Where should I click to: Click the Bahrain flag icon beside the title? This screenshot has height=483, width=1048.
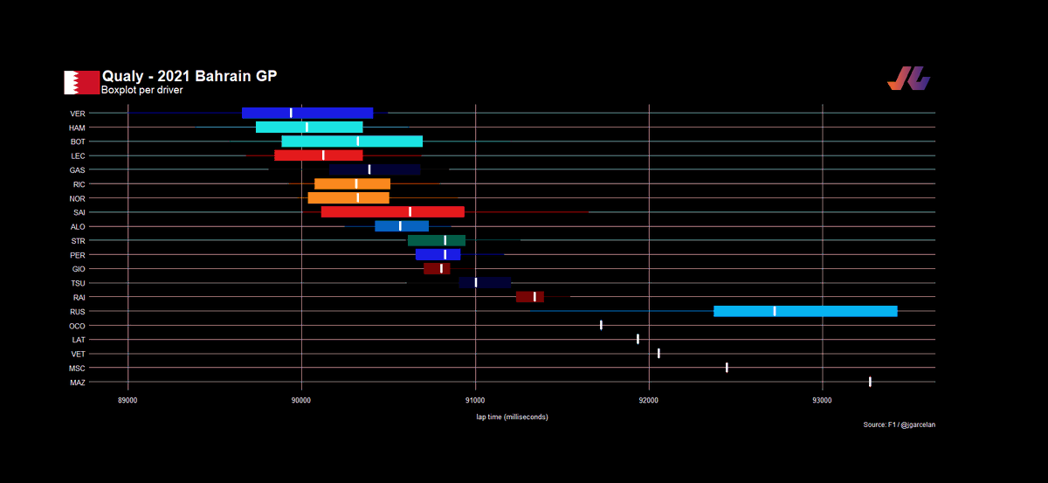click(x=81, y=82)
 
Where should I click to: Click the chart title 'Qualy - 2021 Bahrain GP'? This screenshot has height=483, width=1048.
click(x=190, y=76)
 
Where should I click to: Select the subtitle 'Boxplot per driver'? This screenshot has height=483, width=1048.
click(x=141, y=90)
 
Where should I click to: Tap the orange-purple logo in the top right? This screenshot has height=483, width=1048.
click(x=908, y=78)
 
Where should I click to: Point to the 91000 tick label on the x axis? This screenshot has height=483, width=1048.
click(x=475, y=400)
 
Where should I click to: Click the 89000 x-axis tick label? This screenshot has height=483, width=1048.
click(x=128, y=400)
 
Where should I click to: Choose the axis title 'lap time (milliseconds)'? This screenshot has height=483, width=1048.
click(x=512, y=417)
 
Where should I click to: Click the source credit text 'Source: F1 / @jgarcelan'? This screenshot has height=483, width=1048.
click(x=900, y=424)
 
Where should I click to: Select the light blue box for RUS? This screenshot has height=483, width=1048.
click(x=805, y=311)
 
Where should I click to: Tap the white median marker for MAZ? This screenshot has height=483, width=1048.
click(x=870, y=382)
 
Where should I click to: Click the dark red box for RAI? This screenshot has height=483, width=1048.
click(x=529, y=297)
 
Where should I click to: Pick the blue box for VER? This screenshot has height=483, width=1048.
click(x=307, y=113)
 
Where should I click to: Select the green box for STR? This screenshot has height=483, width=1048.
click(x=437, y=240)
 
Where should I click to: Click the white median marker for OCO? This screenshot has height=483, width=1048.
click(x=601, y=325)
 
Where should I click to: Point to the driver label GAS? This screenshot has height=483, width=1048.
click(x=77, y=170)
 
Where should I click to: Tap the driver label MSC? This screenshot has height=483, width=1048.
click(x=77, y=369)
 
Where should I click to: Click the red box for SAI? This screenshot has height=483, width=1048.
click(x=392, y=212)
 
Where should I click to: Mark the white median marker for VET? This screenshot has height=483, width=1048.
click(x=658, y=354)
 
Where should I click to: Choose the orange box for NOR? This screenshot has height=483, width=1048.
click(x=348, y=198)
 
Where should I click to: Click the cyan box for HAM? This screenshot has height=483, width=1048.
click(x=309, y=127)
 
